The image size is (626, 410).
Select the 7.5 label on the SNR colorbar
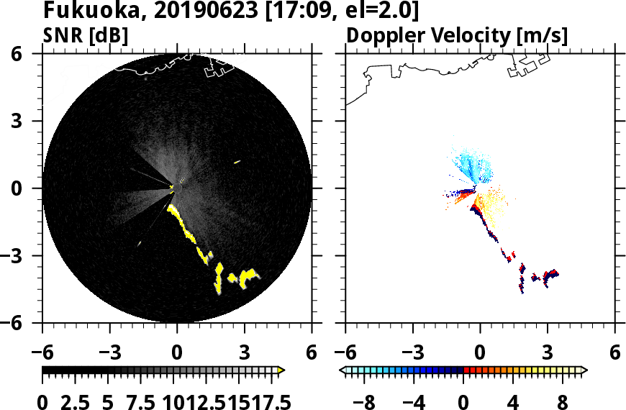pyautogui.click(x=144, y=401)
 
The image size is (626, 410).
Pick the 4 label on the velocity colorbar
pyautogui.click(x=514, y=401)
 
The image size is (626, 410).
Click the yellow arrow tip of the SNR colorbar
pyautogui.click(x=281, y=370)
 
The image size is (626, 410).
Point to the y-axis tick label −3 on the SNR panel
pyautogui.click(x=25, y=256)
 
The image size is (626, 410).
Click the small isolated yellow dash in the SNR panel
pyautogui.click(x=237, y=162)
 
